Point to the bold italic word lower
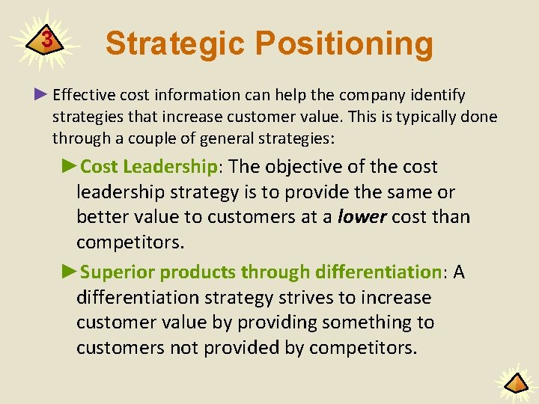point(361,217)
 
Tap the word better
point(102,217)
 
